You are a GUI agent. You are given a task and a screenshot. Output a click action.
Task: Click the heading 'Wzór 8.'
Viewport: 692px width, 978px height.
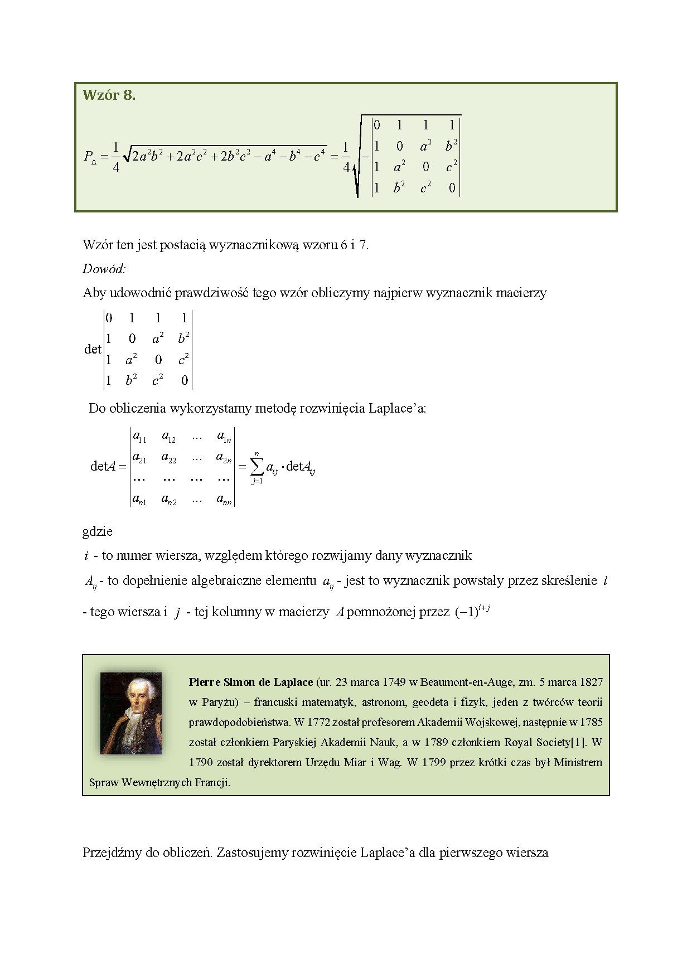click(x=109, y=95)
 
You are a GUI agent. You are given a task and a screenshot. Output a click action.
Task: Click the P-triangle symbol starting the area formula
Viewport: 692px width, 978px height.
click(x=90, y=157)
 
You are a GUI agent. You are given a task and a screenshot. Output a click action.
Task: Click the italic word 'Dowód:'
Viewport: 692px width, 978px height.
click(x=104, y=269)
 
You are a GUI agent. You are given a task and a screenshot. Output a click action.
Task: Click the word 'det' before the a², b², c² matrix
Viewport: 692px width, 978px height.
click(x=93, y=350)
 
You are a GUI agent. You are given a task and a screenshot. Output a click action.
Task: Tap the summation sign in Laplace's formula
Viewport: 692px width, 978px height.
click(x=257, y=466)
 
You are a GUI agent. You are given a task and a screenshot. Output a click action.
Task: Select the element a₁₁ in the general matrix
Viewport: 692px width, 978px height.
click(x=139, y=437)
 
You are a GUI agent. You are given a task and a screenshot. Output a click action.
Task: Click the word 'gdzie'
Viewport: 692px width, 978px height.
click(x=98, y=531)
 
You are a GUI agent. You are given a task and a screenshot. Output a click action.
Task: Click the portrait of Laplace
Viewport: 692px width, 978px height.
click(x=131, y=713)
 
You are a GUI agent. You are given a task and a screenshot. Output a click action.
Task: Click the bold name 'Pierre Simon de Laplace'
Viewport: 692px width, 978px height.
click(x=251, y=682)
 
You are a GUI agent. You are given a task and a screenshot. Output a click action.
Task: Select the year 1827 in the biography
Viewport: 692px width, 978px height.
click(x=591, y=682)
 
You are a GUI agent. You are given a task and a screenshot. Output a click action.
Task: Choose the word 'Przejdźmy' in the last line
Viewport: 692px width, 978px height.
click(x=112, y=853)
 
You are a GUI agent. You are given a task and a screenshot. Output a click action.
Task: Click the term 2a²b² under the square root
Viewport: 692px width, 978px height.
click(x=148, y=156)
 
